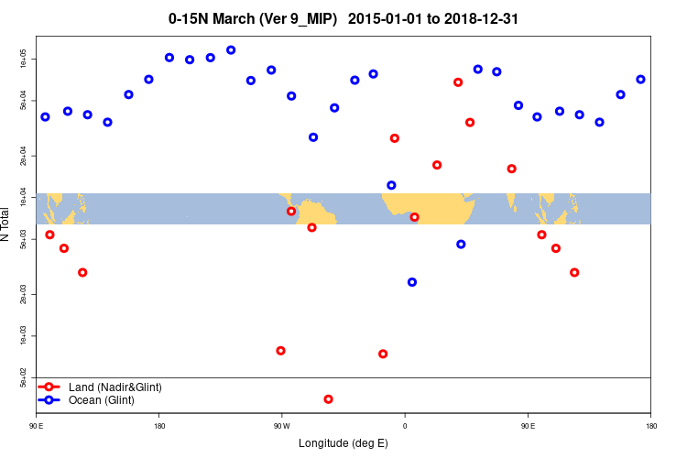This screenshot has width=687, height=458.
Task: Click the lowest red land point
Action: [328, 399]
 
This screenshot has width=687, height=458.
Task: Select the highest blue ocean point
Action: [231, 50]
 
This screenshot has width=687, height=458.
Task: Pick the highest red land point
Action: [458, 82]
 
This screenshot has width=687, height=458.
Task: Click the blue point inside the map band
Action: [392, 185]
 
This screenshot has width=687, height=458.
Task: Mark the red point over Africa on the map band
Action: [415, 217]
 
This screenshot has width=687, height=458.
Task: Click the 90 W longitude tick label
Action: [281, 426]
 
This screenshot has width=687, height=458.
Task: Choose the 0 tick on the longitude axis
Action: [405, 426]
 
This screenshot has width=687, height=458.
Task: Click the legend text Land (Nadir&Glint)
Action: [115, 387]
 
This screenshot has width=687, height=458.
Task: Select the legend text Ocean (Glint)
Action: [102, 400]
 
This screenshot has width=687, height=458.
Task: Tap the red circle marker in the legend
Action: [49, 387]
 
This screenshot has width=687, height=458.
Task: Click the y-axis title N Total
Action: [5, 224]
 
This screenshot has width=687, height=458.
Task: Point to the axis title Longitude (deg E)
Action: [343, 443]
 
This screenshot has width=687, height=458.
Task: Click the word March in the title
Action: [234, 18]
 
